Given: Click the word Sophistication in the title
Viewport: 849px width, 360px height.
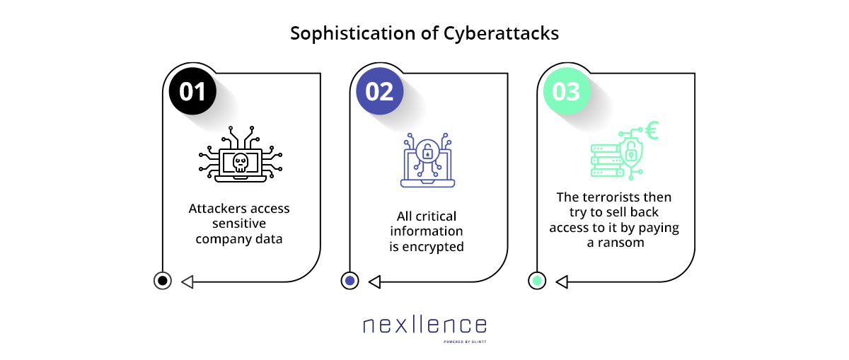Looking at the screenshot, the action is coord(353,34).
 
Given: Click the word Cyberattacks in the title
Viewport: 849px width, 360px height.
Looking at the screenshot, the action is coord(501,33).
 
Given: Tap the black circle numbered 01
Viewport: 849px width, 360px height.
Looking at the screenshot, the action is coord(192,91).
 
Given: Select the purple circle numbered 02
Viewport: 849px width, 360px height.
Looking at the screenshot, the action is coord(380,91).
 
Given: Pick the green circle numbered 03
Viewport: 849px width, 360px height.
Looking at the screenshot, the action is coord(567,91).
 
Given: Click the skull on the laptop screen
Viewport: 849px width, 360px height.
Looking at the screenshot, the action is coord(241,163).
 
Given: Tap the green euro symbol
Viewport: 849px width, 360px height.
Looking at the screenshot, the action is coord(652,130).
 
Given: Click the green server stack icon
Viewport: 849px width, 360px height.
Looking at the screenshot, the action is coord(606,161).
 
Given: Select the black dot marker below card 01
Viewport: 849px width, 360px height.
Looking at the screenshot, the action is coord(163,281).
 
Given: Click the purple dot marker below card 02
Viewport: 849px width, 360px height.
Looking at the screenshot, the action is coord(350,281).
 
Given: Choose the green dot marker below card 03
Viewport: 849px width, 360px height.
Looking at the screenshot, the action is coord(537,281).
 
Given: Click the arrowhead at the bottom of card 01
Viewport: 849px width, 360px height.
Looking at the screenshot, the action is coord(187,282).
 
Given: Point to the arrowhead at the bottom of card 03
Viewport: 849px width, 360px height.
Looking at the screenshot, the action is coord(562,282).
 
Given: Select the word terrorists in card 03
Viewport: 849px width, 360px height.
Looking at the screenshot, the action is coord(614,197).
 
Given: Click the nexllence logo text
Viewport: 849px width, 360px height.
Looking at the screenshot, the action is coord(425,325).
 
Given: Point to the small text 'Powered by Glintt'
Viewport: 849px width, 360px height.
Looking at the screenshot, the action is coord(465,342).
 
